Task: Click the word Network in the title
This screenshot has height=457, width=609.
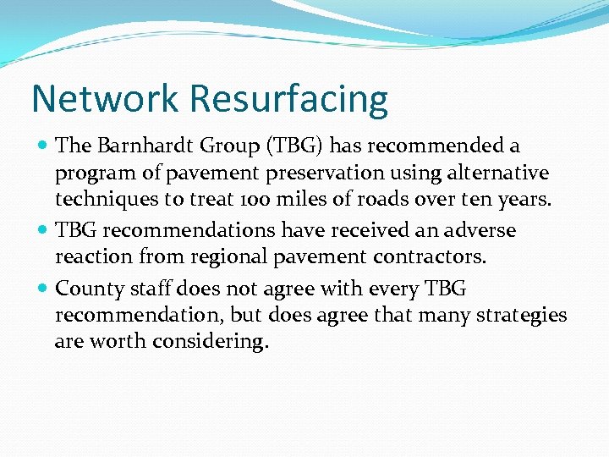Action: click(106, 98)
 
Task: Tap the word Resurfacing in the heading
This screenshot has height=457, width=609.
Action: click(288, 100)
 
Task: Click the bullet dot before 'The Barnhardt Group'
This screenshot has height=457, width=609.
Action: click(44, 146)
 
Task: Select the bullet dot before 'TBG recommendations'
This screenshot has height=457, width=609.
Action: click(44, 231)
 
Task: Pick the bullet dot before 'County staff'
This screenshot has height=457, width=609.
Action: click(44, 289)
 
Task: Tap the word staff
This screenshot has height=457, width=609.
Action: click(151, 288)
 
